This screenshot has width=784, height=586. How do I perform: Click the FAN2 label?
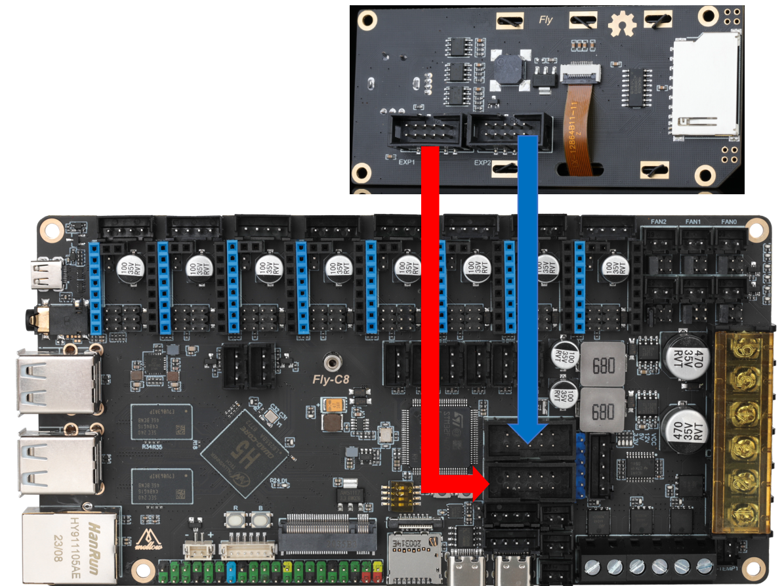[658, 222]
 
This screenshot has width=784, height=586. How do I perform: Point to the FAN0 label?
[728, 222]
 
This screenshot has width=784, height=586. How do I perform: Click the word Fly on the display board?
[545, 20]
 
